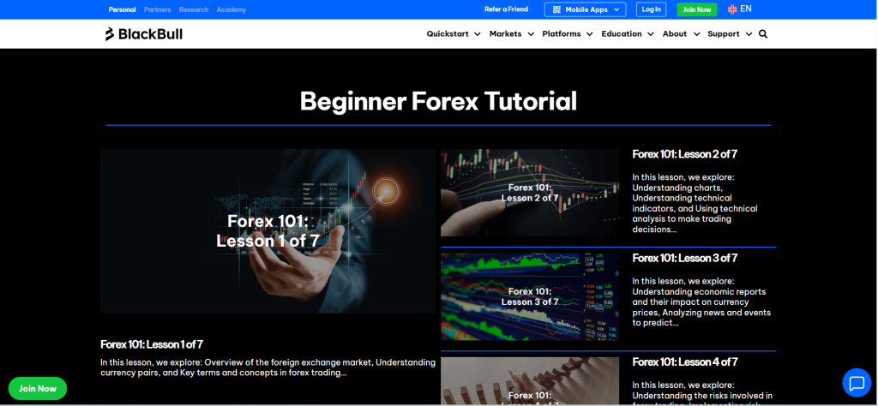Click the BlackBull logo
point(143,34)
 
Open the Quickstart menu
point(453,34)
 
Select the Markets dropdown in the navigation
point(511,34)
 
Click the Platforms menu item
point(567,34)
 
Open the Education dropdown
point(627,34)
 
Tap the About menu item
point(681,34)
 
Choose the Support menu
point(729,34)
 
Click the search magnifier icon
point(763,34)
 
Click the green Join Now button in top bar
point(696,9)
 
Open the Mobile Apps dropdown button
point(585,9)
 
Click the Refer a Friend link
point(506,9)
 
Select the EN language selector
point(740,9)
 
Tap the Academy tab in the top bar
point(232,9)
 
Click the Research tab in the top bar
point(194,9)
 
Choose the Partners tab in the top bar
point(158,9)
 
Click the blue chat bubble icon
point(857,382)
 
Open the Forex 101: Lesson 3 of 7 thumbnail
point(530,296)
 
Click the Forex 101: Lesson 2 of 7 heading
point(684,154)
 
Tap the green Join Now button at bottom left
point(38,388)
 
